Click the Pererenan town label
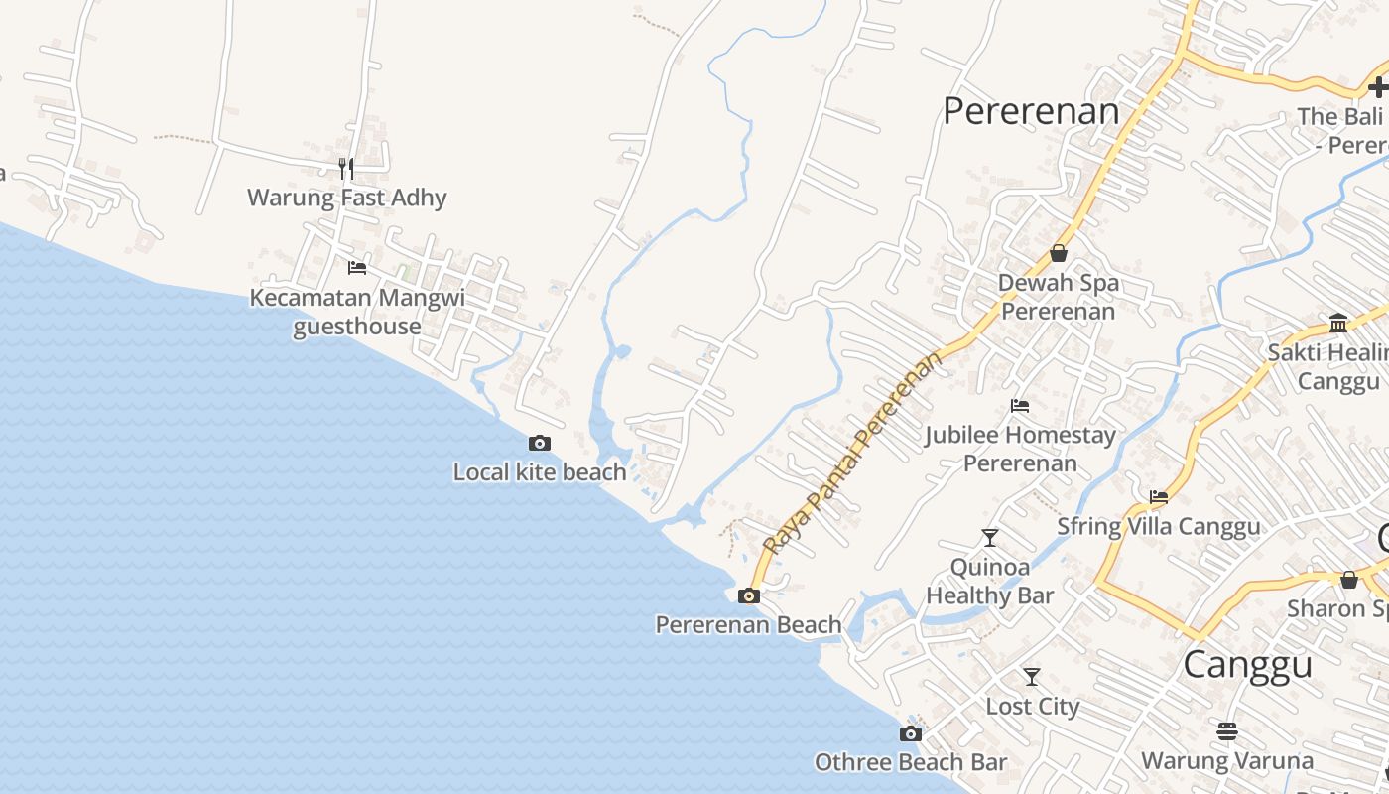coord(1031,111)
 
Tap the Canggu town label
coord(1247,664)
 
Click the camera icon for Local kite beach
coord(540,443)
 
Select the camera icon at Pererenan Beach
coord(749,595)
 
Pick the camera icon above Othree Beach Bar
coord(910,734)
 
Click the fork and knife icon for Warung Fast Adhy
coord(345,168)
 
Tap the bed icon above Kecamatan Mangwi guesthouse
coord(357,268)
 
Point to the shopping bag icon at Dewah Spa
coord(1059,253)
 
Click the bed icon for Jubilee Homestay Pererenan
coord(1019,405)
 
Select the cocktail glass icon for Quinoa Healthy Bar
coord(989,538)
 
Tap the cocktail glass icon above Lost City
coord(1032,677)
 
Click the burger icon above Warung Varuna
coord(1227,731)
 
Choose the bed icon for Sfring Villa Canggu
coord(1159,497)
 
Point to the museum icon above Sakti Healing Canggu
coord(1338,323)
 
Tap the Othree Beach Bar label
coord(911,762)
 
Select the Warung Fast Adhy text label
coord(347,198)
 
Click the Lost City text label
coord(1032,707)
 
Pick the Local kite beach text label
coord(540,472)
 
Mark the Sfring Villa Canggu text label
coord(1159,526)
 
